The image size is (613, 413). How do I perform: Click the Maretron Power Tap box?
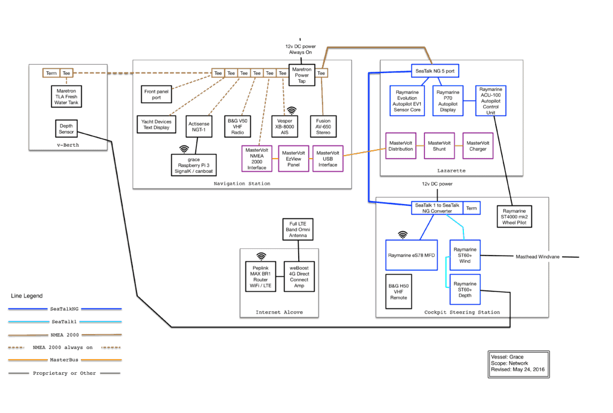pyautogui.click(x=301, y=75)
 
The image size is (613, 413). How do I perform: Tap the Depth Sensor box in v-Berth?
pyautogui.click(x=66, y=129)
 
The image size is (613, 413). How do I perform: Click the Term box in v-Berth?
pyautogui.click(x=51, y=73)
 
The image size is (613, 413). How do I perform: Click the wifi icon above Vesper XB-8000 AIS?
pyautogui.click(x=292, y=111)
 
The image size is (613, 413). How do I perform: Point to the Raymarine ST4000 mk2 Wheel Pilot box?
pyautogui.click(x=514, y=216)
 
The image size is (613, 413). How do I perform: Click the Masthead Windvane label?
pyautogui.click(x=538, y=257)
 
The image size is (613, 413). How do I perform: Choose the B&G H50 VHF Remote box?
pyautogui.click(x=399, y=291)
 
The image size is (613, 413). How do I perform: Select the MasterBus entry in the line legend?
pyautogui.click(x=65, y=360)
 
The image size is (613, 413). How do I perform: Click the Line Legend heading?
pyautogui.click(x=28, y=296)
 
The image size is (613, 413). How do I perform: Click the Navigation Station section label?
pyautogui.click(x=241, y=184)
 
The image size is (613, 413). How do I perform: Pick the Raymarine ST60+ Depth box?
pyautogui.click(x=465, y=289)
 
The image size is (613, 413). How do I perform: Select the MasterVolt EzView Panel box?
pyautogui.click(x=293, y=159)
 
